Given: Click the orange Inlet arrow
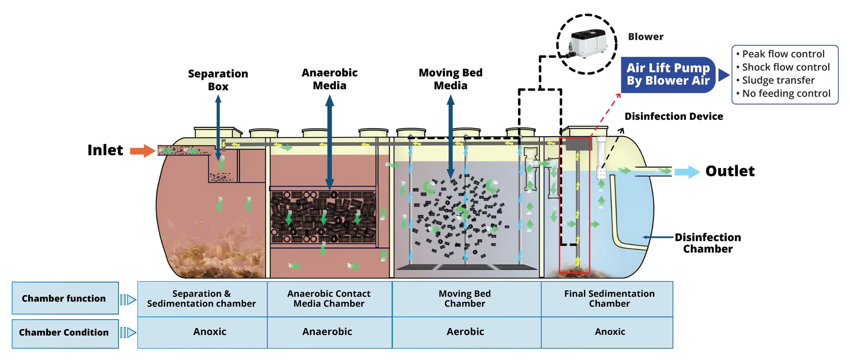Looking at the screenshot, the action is (x=143, y=151).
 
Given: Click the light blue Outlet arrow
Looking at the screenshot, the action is (x=687, y=172).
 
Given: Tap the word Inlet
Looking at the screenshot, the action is (x=105, y=150).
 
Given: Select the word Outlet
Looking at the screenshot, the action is (x=730, y=171).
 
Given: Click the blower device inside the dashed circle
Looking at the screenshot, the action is (x=588, y=44).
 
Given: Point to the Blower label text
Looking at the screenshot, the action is (x=646, y=37).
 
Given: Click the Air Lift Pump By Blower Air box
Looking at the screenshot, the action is (x=668, y=75).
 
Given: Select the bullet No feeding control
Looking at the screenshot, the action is (x=783, y=93).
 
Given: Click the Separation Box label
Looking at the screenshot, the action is (x=218, y=80).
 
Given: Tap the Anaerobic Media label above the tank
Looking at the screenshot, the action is (x=330, y=79).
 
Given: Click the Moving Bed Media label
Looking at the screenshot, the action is (x=451, y=79).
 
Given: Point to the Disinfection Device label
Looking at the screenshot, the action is (x=674, y=116).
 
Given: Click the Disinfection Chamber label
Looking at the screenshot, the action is (x=708, y=243).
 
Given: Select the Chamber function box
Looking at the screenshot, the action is (x=65, y=298).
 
